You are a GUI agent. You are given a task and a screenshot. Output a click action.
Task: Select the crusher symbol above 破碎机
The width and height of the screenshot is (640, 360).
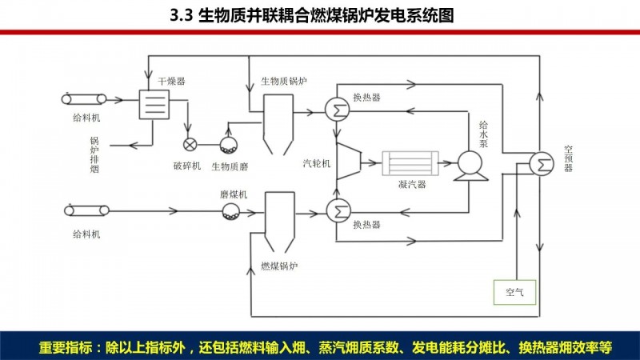(x=190, y=145)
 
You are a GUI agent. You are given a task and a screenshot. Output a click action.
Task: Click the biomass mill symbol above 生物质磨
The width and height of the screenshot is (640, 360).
(x=229, y=146)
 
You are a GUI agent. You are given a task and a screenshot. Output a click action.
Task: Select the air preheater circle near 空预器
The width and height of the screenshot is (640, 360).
(x=542, y=162)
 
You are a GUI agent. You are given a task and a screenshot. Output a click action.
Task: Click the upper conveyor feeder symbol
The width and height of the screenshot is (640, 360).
(x=86, y=99)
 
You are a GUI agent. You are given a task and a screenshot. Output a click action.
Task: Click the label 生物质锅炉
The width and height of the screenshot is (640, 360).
(x=284, y=82)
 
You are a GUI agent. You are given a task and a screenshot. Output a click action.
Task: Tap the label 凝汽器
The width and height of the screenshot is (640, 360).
(x=411, y=186)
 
